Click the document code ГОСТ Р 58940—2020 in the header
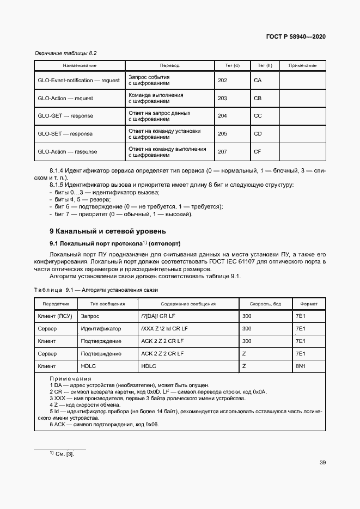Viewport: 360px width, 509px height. tap(296, 37)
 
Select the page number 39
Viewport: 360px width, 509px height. tap(322, 463)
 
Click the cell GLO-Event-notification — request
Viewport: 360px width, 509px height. tap(79, 81)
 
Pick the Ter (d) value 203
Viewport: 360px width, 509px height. tap(222, 99)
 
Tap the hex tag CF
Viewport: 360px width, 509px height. tap(258, 152)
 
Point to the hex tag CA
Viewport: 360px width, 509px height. tap(258, 81)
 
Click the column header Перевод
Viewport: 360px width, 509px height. tap(169, 65)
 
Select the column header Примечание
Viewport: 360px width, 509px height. tap(302, 65)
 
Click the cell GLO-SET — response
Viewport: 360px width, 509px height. tap(65, 134)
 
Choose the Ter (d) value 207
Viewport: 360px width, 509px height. tap(222, 152)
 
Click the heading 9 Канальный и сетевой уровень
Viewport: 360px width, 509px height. tap(104, 231)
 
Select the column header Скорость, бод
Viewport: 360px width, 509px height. tap(265, 303)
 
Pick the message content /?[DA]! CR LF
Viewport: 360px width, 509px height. tap(157, 316)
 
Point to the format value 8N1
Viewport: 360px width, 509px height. tap(300, 366)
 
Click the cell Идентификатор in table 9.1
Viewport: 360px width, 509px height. tap(101, 329)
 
